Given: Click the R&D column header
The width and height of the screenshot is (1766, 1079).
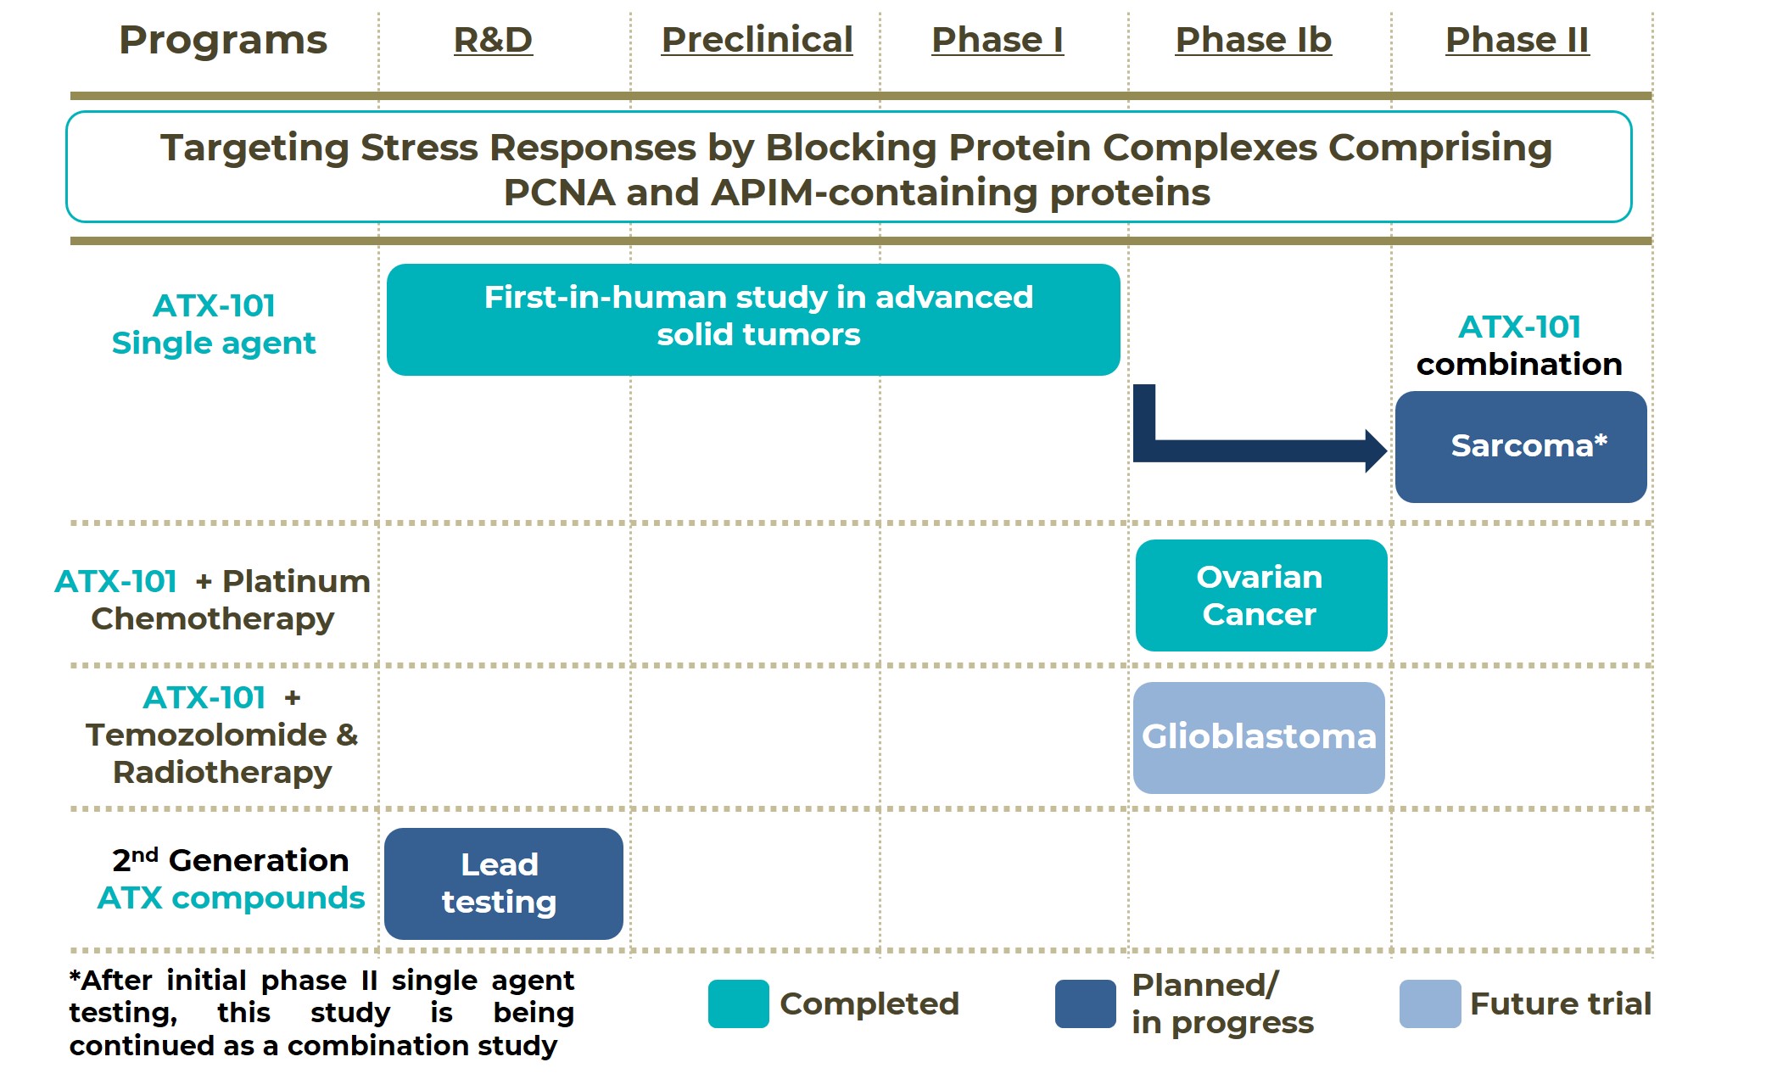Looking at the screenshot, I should click(493, 40).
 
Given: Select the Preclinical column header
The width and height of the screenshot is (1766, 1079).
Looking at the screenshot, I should click(757, 40).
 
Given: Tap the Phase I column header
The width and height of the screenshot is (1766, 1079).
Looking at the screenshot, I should click(997, 40).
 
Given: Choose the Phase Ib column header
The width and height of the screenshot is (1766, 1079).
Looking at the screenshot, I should click(1253, 40).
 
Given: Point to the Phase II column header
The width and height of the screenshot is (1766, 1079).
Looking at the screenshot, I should click(1517, 40).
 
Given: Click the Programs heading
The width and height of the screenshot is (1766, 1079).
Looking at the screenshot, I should click(223, 40).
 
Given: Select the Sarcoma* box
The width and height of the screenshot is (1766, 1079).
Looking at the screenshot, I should click(1521, 447).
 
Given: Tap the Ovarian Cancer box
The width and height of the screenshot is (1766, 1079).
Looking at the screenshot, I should click(1260, 595).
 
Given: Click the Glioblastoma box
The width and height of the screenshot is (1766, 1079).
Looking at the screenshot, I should click(1259, 737).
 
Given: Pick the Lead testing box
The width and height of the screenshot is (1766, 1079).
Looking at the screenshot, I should click(503, 883).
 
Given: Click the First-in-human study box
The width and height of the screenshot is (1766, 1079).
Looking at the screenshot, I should click(753, 319).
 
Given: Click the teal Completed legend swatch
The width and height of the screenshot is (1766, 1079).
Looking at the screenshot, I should click(738, 1004).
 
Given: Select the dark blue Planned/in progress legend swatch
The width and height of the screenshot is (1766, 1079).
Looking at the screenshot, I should click(1085, 1004).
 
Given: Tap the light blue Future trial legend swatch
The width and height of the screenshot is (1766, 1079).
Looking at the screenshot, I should click(1429, 1004).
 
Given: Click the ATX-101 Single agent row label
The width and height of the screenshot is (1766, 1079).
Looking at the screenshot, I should click(214, 324).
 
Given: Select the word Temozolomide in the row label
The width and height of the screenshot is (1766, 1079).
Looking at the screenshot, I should click(206, 735).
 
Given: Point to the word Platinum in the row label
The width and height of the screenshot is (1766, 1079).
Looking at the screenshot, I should click(296, 581).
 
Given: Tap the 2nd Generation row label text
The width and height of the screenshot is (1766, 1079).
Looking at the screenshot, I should click(231, 860).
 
